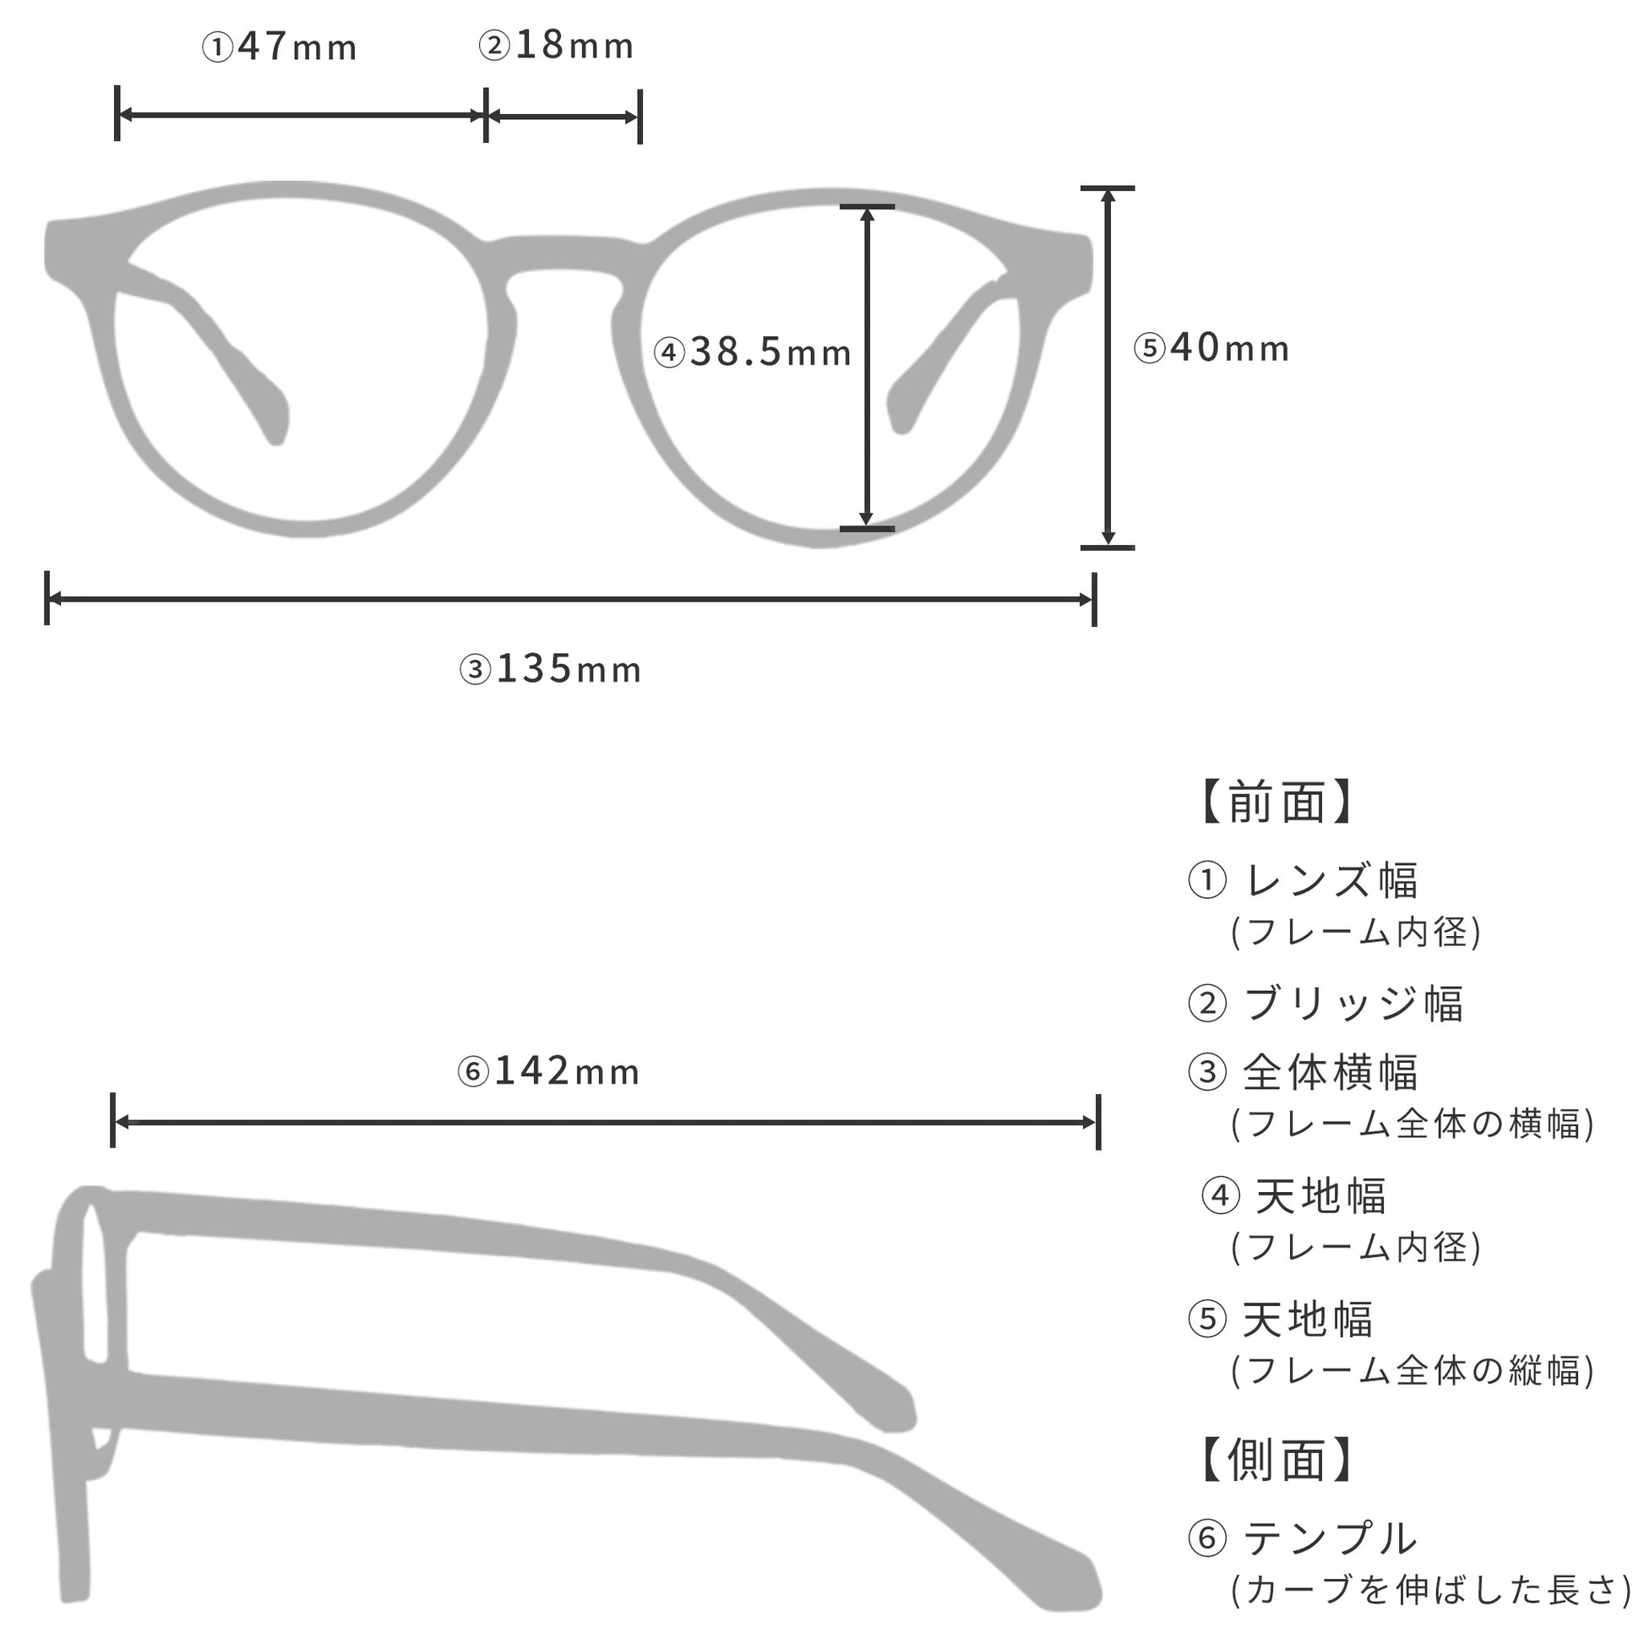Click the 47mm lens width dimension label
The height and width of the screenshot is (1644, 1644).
pyautogui.click(x=279, y=46)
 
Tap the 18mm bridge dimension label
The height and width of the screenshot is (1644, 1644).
pyautogui.click(x=557, y=45)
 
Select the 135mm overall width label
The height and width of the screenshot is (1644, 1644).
pyautogui.click(x=551, y=669)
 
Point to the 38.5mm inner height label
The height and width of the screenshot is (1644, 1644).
pyautogui.click(x=752, y=351)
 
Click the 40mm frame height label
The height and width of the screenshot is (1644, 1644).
pyautogui.click(x=1211, y=347)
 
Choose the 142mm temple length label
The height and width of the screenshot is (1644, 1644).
pyautogui.click(x=549, y=1070)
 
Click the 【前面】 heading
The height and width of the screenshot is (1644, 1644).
pyautogui.click(x=1277, y=802)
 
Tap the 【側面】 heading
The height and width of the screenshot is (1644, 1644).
pyautogui.click(x=1277, y=1460)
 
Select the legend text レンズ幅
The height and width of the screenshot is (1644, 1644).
pyautogui.click(x=1332, y=879)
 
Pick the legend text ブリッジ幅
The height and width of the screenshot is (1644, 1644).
pyautogui.click(x=1354, y=1004)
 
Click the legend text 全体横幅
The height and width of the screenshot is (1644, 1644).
pyautogui.click(x=1331, y=1072)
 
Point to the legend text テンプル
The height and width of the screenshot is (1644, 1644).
pyautogui.click(x=1331, y=1538)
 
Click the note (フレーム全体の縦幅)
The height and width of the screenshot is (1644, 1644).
pyautogui.click(x=1413, y=1371)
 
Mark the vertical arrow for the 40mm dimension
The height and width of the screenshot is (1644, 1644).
pyautogui.click(x=1108, y=367)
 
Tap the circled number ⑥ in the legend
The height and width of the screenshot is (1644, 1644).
pyautogui.click(x=1206, y=1538)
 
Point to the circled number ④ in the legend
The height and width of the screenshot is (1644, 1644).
pyautogui.click(x=1220, y=1196)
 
